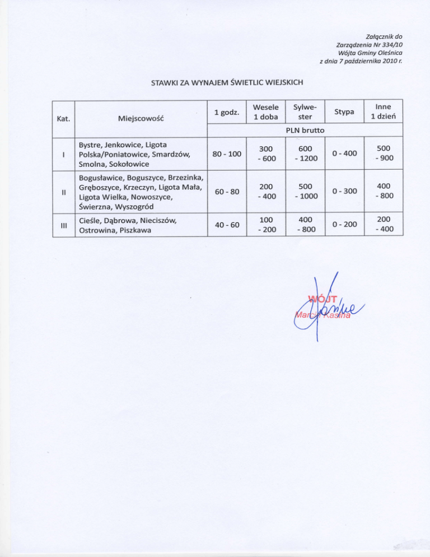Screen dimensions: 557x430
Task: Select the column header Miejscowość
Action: coord(141,119)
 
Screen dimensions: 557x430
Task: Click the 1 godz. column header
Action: coord(227,113)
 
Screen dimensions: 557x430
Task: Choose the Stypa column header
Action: coord(343,113)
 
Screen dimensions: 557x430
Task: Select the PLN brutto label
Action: coord(305,130)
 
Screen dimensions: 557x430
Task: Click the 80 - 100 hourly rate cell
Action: coord(226,153)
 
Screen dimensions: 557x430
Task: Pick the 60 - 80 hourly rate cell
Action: coord(226,192)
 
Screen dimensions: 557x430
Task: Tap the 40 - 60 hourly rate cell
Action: coord(226,225)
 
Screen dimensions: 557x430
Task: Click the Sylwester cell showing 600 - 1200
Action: coord(305,153)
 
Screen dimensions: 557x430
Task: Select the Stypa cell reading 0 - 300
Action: coord(343,192)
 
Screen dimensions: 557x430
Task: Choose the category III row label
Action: coord(63,225)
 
